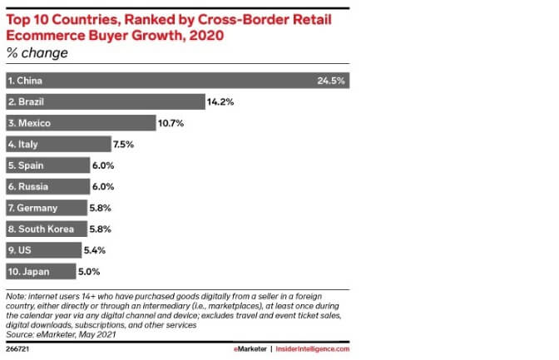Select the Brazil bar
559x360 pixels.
coord(105,102)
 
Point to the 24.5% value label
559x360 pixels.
coord(331,81)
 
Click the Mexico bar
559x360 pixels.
coord(80,123)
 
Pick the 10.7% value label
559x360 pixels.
coord(171,123)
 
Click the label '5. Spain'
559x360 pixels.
coord(27,165)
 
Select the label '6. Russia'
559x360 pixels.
coord(29,186)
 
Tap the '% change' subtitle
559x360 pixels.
coord(37,53)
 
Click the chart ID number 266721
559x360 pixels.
coord(17,349)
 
